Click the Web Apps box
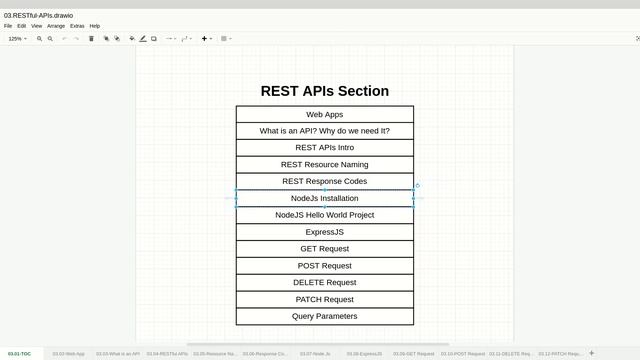click(324, 114)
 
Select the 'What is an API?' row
click(324, 131)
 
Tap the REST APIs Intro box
click(324, 148)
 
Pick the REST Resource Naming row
click(324, 165)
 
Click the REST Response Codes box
click(324, 182)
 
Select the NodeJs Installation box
click(324, 198)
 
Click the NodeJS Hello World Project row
click(324, 215)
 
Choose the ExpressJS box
click(324, 232)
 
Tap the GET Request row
click(324, 249)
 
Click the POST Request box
click(324, 266)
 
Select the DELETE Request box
click(324, 283)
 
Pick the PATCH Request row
click(324, 299)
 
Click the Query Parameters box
click(324, 316)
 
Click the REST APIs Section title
click(324, 91)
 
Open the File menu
click(8, 26)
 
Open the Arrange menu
click(56, 26)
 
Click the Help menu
click(95, 26)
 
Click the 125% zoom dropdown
click(18, 39)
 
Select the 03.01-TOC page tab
click(19, 353)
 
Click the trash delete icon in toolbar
click(91, 39)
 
